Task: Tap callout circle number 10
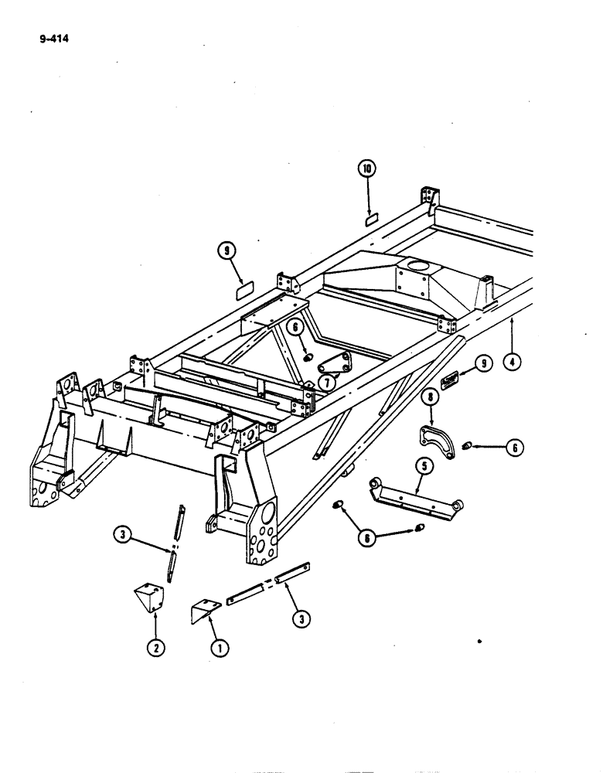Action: [x=366, y=168]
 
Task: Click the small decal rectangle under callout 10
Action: [x=370, y=220]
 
